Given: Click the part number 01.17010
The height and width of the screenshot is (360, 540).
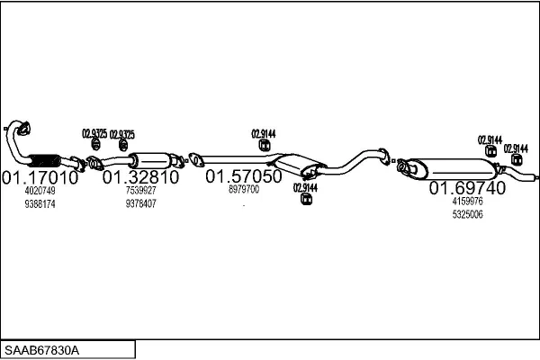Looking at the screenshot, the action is [40, 178].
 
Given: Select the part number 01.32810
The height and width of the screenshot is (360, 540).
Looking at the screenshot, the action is [140, 177].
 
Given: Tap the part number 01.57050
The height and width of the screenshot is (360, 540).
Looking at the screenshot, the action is [244, 176].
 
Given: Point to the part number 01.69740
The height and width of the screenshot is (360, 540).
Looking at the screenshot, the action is [467, 188].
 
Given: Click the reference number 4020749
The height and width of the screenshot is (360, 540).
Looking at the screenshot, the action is [40, 191].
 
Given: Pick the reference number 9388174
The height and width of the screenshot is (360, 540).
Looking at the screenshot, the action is [40, 204].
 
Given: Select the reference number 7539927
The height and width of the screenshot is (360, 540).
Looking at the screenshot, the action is [141, 190].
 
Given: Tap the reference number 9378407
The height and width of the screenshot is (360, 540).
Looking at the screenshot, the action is [141, 204].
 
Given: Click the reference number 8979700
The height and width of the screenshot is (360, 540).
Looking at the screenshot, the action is [244, 189].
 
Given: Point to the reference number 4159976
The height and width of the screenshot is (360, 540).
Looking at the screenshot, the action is [468, 201].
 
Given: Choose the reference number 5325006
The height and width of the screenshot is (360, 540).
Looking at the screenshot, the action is [468, 214].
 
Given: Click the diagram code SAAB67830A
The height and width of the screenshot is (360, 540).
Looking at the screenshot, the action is [41, 351].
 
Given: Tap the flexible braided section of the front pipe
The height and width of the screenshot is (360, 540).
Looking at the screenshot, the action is [44, 160].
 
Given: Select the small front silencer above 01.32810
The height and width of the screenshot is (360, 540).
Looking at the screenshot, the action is [152, 160].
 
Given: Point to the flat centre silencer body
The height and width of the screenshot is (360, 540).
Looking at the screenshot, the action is [297, 164].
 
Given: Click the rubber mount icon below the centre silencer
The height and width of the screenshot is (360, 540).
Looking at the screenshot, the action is [306, 199].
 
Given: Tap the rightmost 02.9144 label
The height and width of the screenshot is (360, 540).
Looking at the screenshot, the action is [516, 148].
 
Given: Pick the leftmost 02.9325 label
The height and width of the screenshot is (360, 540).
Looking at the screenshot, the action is [94, 134].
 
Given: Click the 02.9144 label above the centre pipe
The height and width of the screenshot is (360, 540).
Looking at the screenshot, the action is [264, 134].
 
